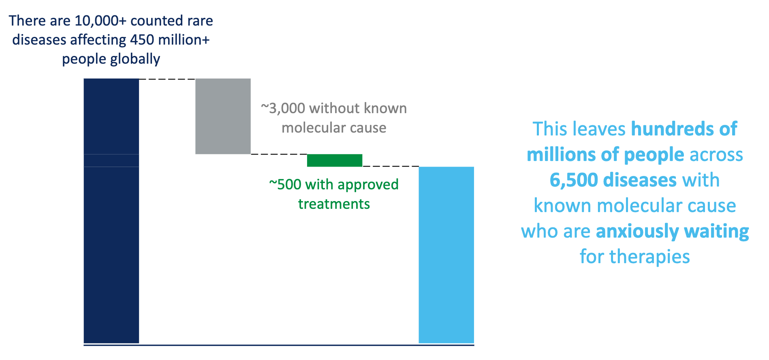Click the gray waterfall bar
point(223,116)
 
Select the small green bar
point(334,161)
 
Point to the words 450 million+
point(170,40)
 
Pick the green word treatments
point(334,204)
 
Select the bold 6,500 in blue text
point(572,180)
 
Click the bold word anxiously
point(637,231)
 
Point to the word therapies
point(649,257)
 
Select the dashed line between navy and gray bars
point(167,79)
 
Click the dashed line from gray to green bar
point(279,154)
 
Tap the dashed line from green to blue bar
point(390,166)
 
